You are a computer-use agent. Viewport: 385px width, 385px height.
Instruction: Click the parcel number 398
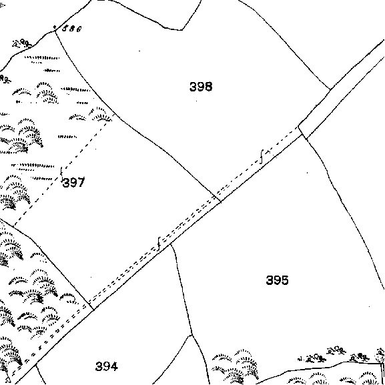[x=201, y=87]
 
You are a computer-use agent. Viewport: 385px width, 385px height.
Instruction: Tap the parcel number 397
[x=73, y=182]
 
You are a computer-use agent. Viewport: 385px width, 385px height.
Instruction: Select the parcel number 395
[x=277, y=280]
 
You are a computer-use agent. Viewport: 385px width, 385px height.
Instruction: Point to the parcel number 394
[x=107, y=366]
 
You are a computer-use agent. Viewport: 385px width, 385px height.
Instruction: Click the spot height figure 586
[x=71, y=29]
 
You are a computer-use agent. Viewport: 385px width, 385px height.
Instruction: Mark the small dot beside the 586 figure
[x=55, y=27]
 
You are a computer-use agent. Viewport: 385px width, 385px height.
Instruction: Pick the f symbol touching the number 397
[x=61, y=172]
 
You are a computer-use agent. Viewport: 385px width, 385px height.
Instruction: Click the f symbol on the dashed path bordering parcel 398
[x=262, y=156]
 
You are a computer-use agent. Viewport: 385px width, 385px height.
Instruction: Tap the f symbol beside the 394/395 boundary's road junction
[x=159, y=244]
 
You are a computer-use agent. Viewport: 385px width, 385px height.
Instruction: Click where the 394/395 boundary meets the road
[x=171, y=244]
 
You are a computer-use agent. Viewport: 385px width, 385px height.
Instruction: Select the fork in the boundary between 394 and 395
[x=191, y=335]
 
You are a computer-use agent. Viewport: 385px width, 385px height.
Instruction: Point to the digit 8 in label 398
[x=208, y=87]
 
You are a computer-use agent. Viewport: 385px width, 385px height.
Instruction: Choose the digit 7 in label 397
[x=81, y=182]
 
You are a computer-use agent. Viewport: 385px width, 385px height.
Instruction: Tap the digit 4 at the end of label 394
[x=114, y=366]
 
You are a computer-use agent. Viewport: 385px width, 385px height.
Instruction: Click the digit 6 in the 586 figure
[x=78, y=29]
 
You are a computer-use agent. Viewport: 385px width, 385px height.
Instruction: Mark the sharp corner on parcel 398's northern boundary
[x=182, y=30]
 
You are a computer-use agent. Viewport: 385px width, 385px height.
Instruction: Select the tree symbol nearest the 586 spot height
[x=22, y=43]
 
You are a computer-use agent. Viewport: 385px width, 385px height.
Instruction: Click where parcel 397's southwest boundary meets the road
[x=93, y=310]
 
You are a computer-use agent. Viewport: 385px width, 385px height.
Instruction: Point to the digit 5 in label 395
[x=285, y=280]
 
